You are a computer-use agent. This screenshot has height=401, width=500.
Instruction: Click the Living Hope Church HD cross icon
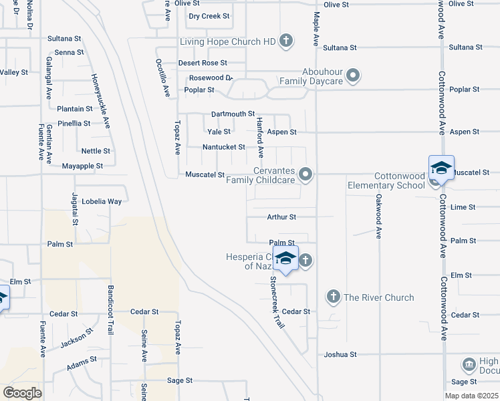[285, 41]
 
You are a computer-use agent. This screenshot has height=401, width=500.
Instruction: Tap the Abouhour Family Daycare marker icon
[354, 75]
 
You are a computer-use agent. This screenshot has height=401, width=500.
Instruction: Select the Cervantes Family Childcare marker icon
[306, 174]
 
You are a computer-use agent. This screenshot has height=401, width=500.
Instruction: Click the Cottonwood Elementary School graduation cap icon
[441, 167]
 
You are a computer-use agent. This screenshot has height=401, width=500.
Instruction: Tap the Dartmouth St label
[233, 114]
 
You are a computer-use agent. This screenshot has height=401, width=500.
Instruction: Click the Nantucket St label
[224, 147]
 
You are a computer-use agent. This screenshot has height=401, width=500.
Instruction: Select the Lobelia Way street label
[102, 201]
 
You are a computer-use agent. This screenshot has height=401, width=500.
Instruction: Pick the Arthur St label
[281, 217]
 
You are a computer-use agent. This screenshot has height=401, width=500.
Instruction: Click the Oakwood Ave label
[378, 217]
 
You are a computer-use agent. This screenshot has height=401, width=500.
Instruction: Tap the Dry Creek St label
[209, 16]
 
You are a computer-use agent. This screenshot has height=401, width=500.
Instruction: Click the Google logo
[22, 393]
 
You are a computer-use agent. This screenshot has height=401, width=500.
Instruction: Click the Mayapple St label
[82, 166]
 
